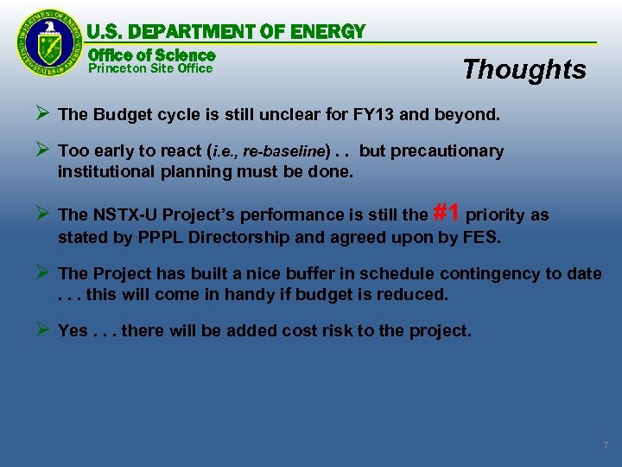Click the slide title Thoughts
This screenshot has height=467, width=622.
[524, 69]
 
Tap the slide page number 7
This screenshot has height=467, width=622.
[605, 445]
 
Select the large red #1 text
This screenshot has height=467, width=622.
[446, 212]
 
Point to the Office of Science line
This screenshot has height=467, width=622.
[151, 54]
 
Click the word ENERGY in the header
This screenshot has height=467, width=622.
[328, 32]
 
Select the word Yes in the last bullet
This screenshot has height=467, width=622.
[73, 330]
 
